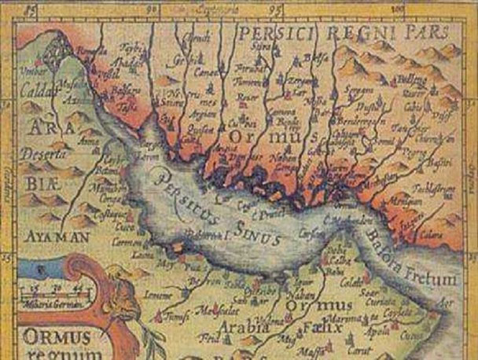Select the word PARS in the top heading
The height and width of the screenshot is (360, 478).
coord(425,32)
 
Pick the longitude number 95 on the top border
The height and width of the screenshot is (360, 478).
coord(275,10)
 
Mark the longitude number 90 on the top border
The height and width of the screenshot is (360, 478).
coord(154,10)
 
